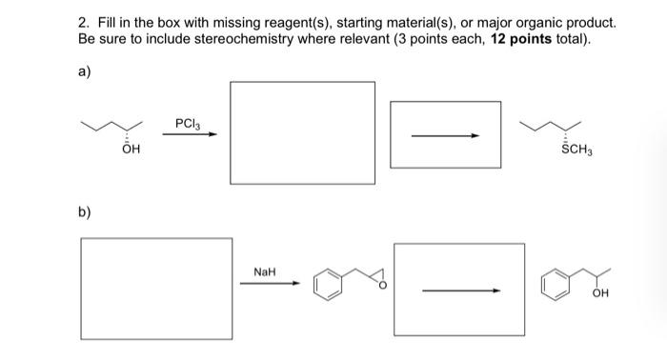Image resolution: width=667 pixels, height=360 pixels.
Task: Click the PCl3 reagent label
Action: coord(188,123)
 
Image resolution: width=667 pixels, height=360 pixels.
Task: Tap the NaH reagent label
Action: coord(265,271)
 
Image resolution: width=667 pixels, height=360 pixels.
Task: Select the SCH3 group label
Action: coord(573,150)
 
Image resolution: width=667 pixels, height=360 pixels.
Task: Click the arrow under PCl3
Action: coord(189,134)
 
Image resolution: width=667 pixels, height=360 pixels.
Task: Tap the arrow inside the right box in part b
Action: coord(461,290)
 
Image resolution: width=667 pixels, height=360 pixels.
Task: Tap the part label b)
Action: coord(86,211)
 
